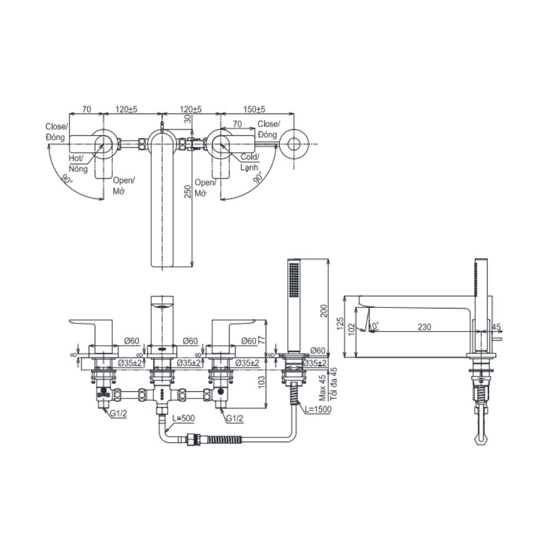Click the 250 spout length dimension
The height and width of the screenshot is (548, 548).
tap(187, 191)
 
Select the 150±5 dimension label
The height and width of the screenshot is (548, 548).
tap(254, 110)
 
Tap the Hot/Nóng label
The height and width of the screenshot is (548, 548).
tap(78, 163)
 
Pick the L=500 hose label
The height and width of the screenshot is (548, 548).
tap(182, 418)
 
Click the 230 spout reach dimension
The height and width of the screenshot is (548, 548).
tap(424, 327)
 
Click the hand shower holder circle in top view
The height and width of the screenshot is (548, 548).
tap(293, 144)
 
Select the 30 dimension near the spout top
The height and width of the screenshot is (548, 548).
tap(188, 118)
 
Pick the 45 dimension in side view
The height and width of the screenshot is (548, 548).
tap(496, 327)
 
